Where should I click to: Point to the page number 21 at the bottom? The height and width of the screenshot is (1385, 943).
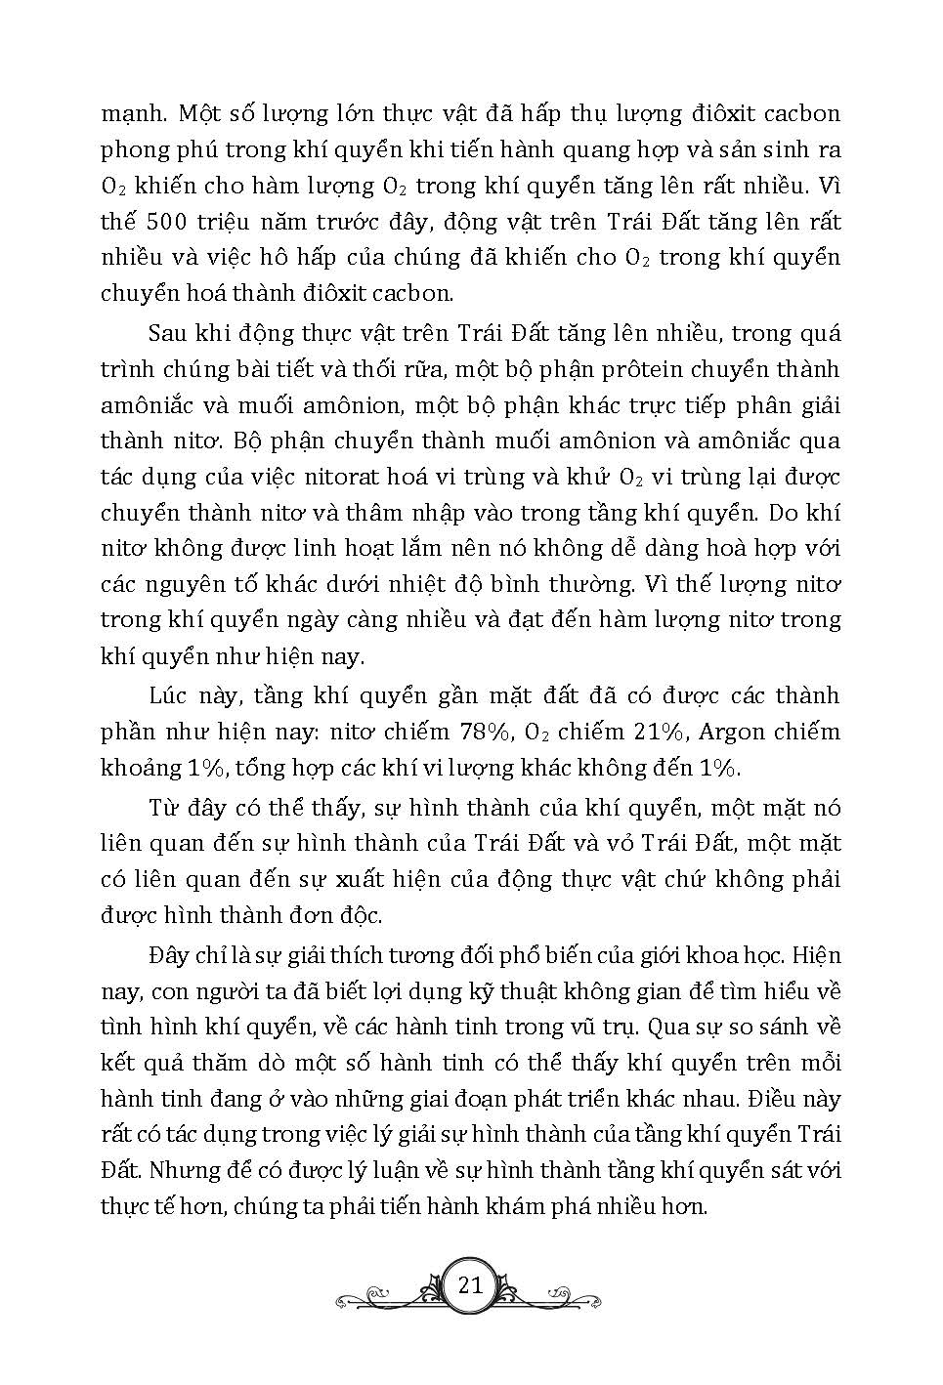click(470, 1284)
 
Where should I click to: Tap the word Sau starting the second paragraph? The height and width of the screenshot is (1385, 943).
click(167, 333)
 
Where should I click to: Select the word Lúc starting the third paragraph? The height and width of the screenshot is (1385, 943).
click(167, 695)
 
